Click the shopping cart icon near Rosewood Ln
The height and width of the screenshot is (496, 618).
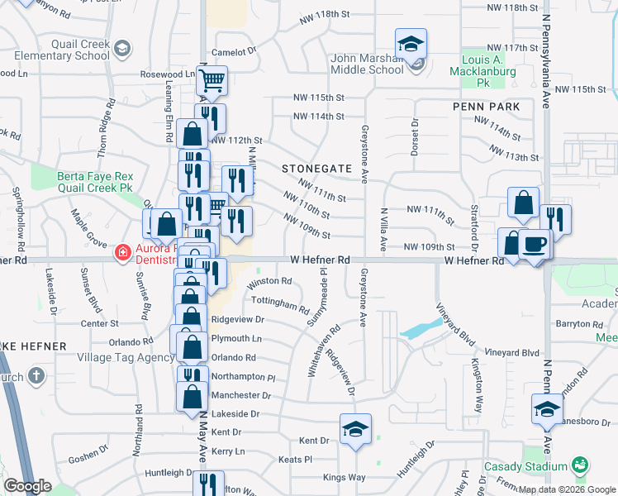coord(212,80)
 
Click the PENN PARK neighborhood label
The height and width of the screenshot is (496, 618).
coord(486,107)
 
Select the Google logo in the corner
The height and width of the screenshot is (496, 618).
coord(27,486)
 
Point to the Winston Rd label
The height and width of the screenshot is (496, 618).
coord(269,281)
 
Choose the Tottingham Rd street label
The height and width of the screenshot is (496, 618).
coord(279,304)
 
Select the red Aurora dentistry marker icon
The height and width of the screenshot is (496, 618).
coord(122,251)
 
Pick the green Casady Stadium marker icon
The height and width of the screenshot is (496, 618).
coord(580,466)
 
